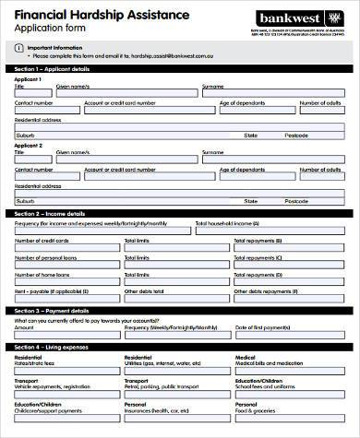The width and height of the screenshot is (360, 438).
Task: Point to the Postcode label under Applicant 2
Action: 295,201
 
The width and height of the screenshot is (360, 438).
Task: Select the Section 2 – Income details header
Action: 50,213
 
